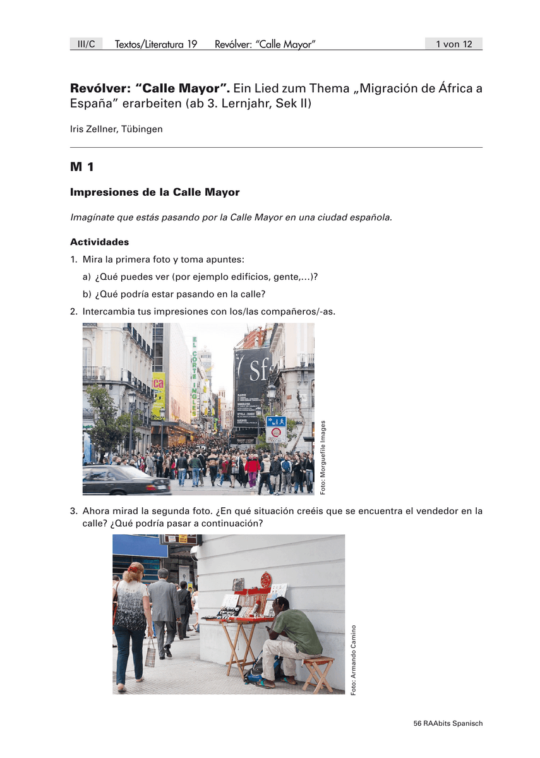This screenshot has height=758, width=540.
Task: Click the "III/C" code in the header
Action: [86, 44]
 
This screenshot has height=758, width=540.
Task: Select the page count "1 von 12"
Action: [453, 44]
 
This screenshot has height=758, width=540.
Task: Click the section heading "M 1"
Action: [82, 167]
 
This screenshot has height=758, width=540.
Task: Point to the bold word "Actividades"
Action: [99, 242]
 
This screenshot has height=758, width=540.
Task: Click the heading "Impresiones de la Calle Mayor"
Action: [155, 192]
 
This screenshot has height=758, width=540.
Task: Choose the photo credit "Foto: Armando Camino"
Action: [354, 660]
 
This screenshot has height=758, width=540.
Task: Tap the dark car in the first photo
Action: [123, 480]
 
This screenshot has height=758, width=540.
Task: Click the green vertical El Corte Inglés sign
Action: [195, 376]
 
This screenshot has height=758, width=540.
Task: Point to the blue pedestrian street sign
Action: [276, 421]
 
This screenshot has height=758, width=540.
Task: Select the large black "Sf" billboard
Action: [253, 385]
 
